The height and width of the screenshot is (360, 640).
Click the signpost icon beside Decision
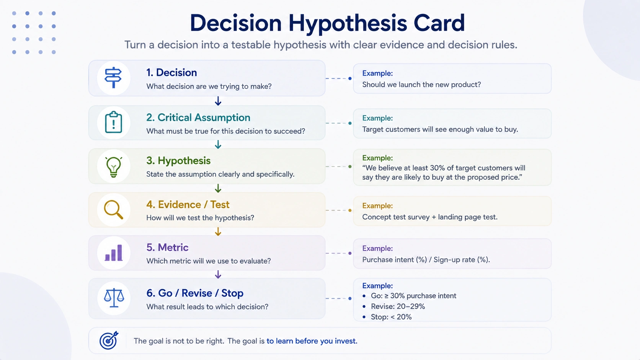(x=113, y=78)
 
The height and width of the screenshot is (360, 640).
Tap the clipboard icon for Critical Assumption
(x=113, y=122)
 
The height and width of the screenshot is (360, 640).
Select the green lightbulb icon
(x=113, y=167)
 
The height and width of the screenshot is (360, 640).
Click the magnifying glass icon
(x=113, y=210)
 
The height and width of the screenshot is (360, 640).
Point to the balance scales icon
(x=114, y=298)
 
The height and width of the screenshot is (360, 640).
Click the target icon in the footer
(x=109, y=340)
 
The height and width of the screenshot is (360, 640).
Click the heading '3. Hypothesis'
(x=178, y=161)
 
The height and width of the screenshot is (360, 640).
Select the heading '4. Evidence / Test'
(x=188, y=204)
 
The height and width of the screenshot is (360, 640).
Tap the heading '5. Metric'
(x=167, y=247)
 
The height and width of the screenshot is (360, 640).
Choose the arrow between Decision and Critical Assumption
(x=218, y=101)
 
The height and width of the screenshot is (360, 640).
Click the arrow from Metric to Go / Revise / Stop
(x=218, y=274)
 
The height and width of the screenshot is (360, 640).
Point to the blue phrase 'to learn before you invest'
(x=311, y=341)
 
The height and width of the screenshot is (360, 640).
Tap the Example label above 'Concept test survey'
(x=377, y=205)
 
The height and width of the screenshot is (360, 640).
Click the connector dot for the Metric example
(x=350, y=253)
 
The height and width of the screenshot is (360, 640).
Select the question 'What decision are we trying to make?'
(x=209, y=86)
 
